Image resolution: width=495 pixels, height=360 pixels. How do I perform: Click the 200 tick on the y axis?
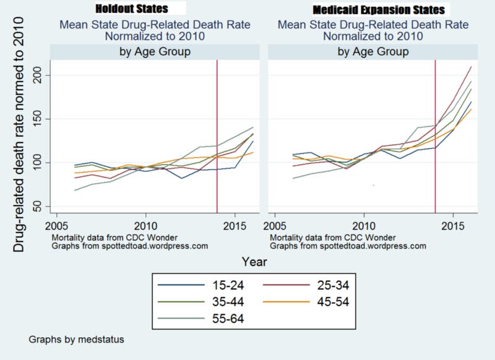38,75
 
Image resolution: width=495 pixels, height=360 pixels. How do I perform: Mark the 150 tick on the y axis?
38,119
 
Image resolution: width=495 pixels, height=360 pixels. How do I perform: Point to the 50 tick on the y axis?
41,206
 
